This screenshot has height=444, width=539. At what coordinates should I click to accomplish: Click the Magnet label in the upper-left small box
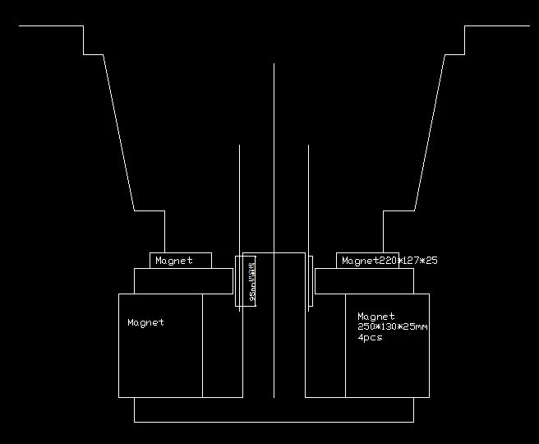point(174,261)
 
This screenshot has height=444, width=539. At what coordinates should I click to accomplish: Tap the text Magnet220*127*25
point(389,261)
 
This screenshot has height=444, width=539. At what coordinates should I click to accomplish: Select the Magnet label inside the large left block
point(145,322)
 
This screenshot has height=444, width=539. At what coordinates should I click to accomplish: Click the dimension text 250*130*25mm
point(393,327)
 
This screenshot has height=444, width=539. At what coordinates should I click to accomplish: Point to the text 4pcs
point(370,338)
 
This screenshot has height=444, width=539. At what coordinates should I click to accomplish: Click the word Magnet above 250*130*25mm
point(376,316)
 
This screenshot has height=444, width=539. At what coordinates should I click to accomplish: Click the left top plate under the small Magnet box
point(183,280)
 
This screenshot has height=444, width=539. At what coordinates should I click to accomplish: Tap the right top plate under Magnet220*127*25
point(364,280)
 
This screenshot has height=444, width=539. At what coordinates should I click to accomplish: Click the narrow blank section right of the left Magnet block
point(222,345)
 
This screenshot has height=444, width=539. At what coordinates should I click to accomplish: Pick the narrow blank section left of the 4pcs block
point(325,345)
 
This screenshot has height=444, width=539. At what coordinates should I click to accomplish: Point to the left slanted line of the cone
point(118,132)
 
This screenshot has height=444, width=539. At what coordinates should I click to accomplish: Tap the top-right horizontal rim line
point(497,26)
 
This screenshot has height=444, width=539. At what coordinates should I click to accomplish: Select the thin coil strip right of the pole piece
point(310,281)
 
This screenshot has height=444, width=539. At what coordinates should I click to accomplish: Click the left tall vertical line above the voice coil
point(239,197)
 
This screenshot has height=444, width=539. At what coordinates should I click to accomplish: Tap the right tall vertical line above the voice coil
point(308,197)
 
